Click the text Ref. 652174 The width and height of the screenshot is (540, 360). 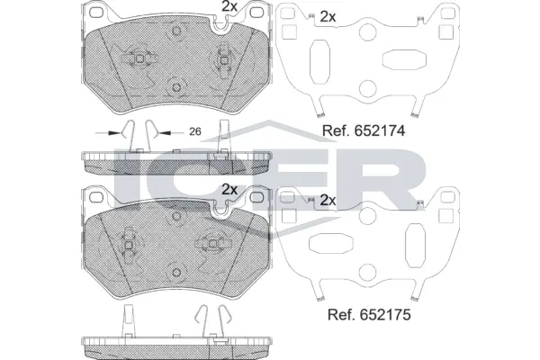coord(364,130)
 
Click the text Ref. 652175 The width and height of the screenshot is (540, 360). coord(369,314)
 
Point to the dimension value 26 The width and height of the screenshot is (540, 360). coord(195,131)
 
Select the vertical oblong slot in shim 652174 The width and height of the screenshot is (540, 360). coord(319,62)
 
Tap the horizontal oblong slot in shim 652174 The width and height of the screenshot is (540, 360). coord(404,59)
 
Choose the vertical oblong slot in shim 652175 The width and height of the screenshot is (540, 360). coord(415,246)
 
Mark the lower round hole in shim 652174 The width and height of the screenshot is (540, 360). coord(367,88)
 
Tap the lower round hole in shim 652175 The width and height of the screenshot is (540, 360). coord(367,272)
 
